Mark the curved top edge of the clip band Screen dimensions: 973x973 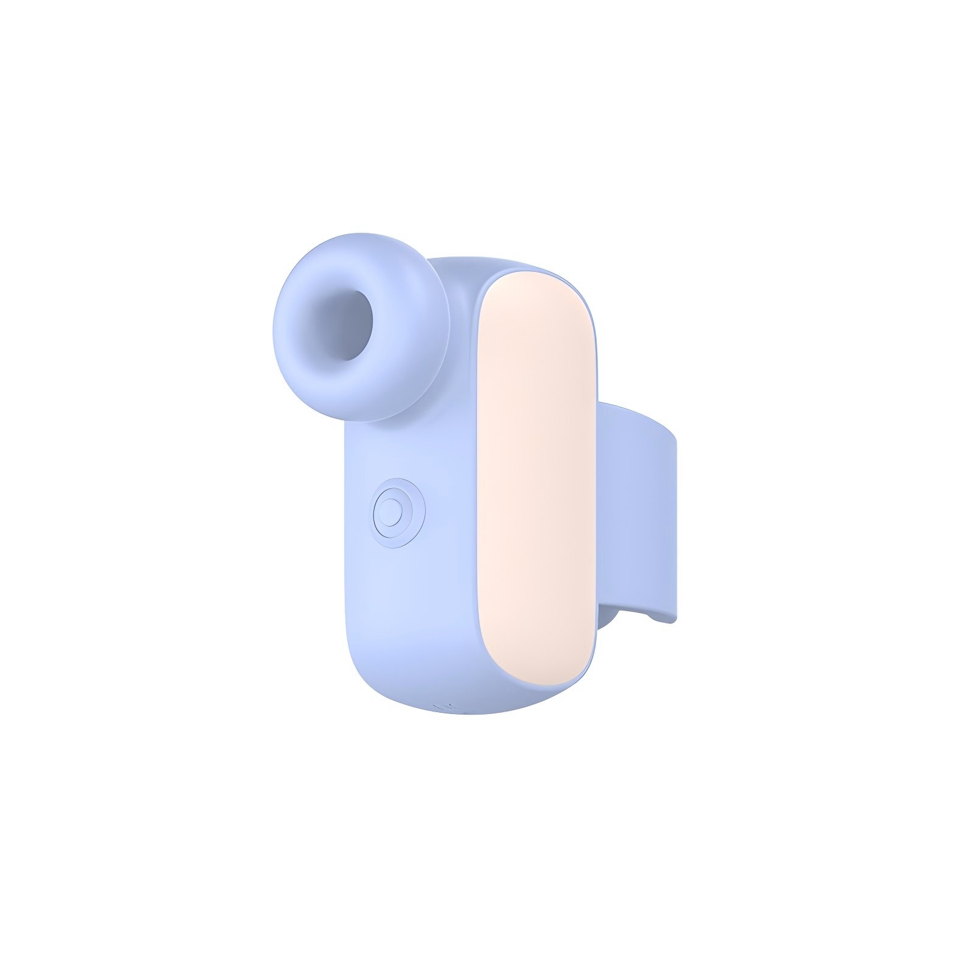[639, 409]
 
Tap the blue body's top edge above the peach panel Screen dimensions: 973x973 [499, 263]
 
